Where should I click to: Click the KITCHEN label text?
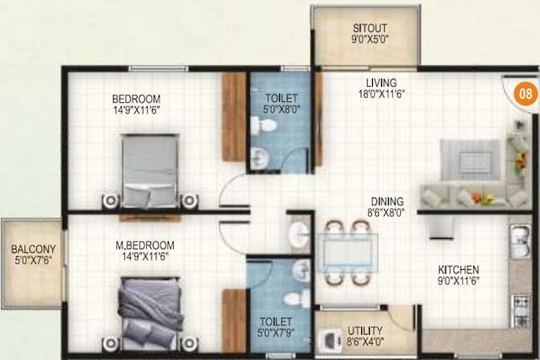pos(458,271)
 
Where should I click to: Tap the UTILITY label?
pos(365,330)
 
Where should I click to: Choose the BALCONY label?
pos(33,250)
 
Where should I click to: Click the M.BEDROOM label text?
pos(151,245)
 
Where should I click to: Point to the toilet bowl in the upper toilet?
pos(267,126)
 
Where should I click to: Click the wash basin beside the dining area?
pos(299,234)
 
